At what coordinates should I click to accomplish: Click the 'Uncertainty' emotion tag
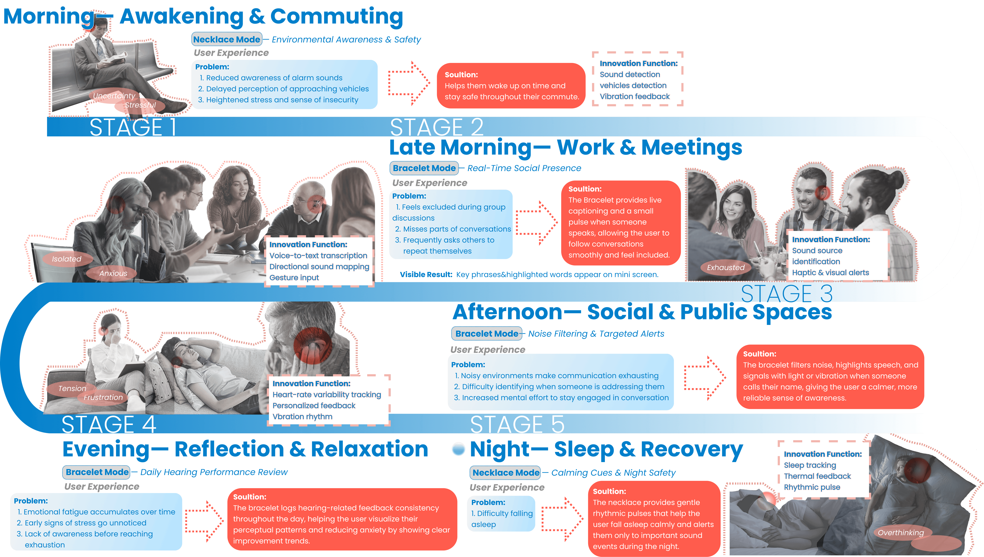coord(114,96)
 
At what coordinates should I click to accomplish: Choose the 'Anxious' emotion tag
coord(113,273)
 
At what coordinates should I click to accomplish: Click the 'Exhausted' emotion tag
coord(725,267)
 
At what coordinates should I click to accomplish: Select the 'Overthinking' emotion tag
coord(901,533)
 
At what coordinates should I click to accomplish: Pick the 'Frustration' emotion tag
coord(103,398)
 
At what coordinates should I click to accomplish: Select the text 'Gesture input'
coord(294,278)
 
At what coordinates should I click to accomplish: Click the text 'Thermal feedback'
coord(817,476)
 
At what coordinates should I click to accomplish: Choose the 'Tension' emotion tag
coord(72,388)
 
